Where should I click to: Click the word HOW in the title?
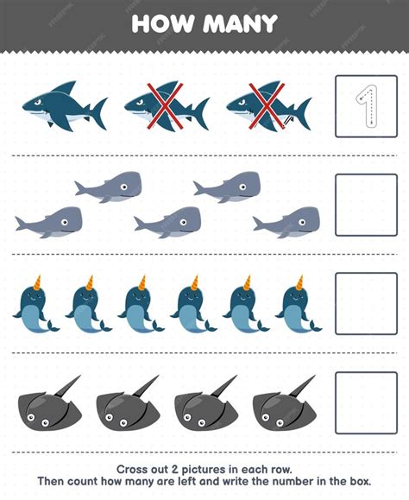tap(163, 23)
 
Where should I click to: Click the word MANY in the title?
tap(241, 23)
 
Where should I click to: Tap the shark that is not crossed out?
tap(65, 105)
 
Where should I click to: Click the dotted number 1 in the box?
tap(368, 106)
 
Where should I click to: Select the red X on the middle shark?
tap(165, 106)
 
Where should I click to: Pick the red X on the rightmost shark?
tap(267, 106)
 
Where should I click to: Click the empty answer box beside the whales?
tap(367, 205)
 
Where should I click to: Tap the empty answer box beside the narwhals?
tap(367, 304)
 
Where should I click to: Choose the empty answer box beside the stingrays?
tap(367, 402)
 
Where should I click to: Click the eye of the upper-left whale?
tap(123, 187)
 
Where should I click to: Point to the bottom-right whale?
tap(286, 222)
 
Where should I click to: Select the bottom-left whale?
tap(48, 222)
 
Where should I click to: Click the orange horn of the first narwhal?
tap(37, 282)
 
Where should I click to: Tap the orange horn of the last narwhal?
tap(299, 282)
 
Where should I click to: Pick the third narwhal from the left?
tap(142, 304)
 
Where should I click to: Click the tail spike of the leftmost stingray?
tap(67, 386)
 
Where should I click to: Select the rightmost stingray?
tap(285, 403)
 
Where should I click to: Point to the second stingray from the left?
tap(128, 403)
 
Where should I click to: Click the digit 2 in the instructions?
tap(174, 470)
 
